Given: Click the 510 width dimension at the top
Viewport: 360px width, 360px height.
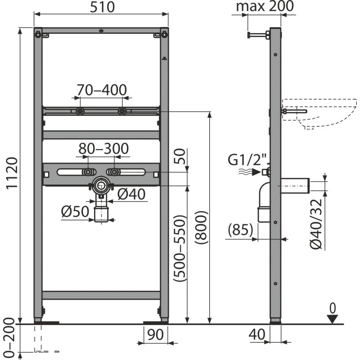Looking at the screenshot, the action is coord(102,7).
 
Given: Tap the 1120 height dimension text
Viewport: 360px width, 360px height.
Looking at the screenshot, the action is coord(12,173).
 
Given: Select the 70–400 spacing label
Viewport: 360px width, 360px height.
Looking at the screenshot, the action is coord(102,90).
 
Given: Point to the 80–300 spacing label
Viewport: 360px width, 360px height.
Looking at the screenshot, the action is coord(103,148).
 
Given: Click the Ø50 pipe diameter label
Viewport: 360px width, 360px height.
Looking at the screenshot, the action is coord(75,211).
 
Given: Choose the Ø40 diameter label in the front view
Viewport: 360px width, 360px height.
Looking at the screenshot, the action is coord(131,194).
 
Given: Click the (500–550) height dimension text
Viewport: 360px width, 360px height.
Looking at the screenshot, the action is coord(179,248).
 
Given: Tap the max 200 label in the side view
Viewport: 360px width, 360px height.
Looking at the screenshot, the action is coord(265,6).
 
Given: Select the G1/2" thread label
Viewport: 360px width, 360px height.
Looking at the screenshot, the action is coord(248,160).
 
